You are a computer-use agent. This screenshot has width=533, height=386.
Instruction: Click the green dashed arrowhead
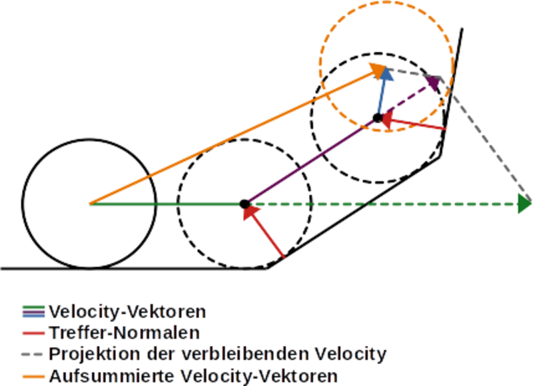point(524,204)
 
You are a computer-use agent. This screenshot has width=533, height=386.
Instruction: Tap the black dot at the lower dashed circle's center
point(245,204)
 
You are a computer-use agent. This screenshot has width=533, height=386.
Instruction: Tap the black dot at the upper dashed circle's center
point(378,118)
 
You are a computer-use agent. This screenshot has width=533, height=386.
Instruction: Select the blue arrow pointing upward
point(382,94)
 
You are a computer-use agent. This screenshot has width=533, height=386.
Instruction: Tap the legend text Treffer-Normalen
point(125,332)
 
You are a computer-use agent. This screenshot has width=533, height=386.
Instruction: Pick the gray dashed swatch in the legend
point(33,353)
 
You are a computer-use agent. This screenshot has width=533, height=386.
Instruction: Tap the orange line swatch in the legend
point(33,375)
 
